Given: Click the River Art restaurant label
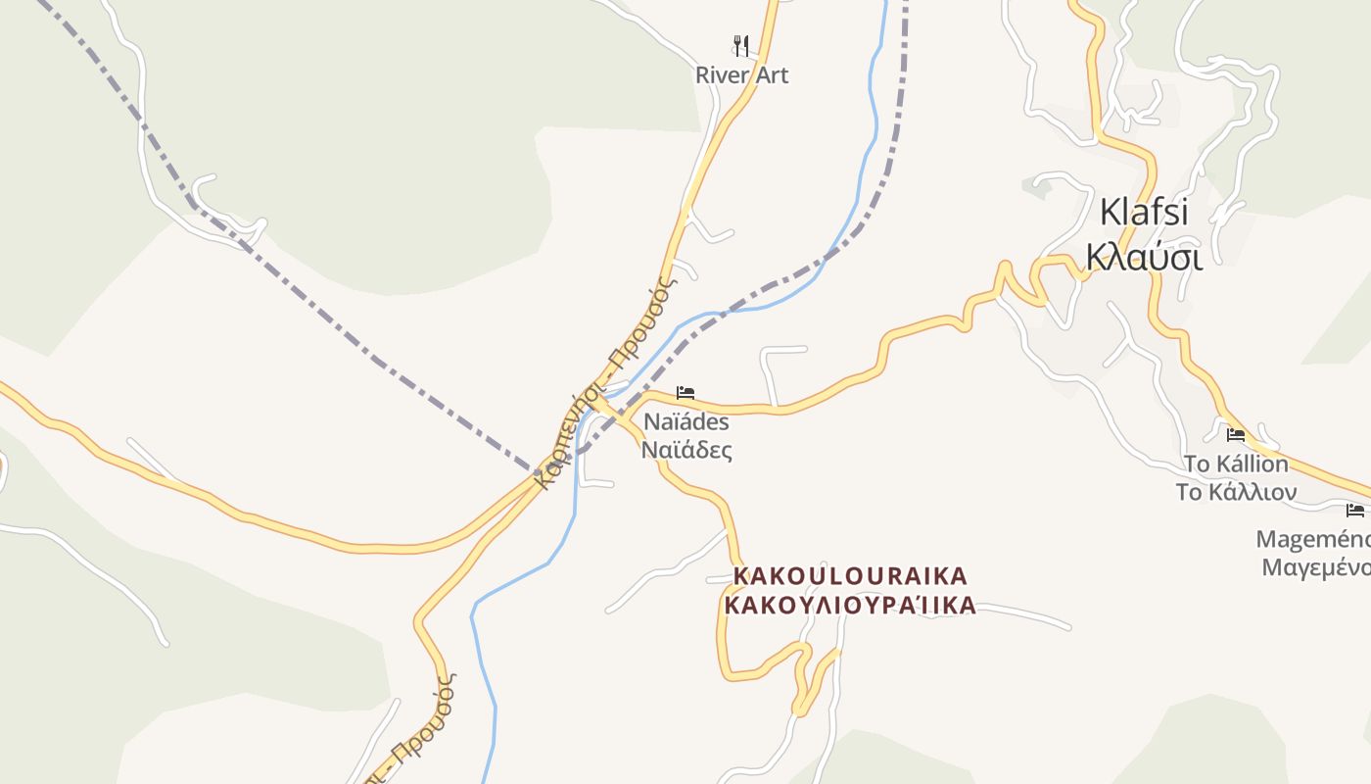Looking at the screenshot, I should pyautogui.click(x=741, y=75).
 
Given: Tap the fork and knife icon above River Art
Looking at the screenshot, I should pyautogui.click(x=741, y=45).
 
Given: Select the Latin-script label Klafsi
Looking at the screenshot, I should pyautogui.click(x=1143, y=212).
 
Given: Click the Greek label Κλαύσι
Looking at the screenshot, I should pyautogui.click(x=1143, y=256).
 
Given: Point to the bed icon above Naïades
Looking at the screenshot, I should pyautogui.click(x=685, y=393).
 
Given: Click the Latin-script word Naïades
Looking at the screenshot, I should pyautogui.click(x=686, y=422).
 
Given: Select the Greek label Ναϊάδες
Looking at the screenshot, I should pyautogui.click(x=686, y=451).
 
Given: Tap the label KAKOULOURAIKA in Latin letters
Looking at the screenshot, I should pyautogui.click(x=850, y=575).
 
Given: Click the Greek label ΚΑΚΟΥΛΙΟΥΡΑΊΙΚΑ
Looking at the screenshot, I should pyautogui.click(x=850, y=605).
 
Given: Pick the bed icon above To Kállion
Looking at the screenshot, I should pyautogui.click(x=1236, y=435).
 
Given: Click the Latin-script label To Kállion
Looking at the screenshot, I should pyautogui.click(x=1236, y=464).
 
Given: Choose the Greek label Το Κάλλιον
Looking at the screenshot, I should pyautogui.click(x=1236, y=492).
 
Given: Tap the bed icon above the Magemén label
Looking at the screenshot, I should pyautogui.click(x=1355, y=510).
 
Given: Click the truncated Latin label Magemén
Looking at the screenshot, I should pyautogui.click(x=1313, y=539).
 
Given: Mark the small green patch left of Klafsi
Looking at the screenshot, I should pyautogui.click(x=1037, y=184).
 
